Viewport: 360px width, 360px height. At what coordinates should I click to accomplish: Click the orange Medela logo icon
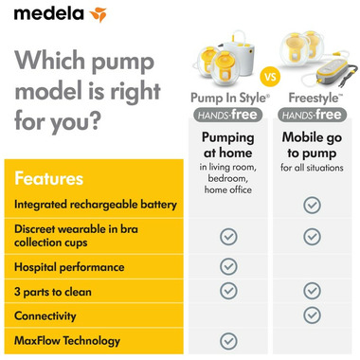coord(99,14)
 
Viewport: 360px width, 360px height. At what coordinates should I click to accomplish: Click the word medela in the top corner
coord(49,13)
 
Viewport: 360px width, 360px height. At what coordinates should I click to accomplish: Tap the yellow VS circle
coord(270,77)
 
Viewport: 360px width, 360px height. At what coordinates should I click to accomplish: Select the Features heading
coord(48,178)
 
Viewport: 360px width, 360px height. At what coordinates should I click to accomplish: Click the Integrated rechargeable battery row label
coord(96,205)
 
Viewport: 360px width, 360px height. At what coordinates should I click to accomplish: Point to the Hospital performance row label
coord(69,267)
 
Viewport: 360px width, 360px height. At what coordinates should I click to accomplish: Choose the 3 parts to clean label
coord(53,292)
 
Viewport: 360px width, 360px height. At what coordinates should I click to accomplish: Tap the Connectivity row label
coord(45,315)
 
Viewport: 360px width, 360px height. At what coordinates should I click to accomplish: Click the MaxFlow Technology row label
coord(67,340)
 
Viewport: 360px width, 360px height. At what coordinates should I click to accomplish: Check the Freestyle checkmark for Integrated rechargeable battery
coord(312,206)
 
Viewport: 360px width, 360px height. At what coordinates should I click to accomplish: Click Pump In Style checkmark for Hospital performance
coord(228,266)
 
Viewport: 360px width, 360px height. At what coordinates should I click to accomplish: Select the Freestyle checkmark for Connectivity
coord(312,315)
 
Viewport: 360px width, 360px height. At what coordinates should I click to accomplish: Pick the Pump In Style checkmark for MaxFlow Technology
coord(228,341)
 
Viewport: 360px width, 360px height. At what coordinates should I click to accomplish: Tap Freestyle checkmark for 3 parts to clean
coord(312,291)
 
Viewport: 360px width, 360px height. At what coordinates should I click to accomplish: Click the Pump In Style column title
coord(230,99)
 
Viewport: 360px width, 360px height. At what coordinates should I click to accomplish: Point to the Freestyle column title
coord(315,99)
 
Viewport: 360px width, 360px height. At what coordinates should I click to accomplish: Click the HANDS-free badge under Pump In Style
coord(228,115)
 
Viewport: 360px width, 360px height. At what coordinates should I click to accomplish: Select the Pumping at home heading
coord(228,145)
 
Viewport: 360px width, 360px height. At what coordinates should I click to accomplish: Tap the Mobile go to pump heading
coord(312,145)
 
